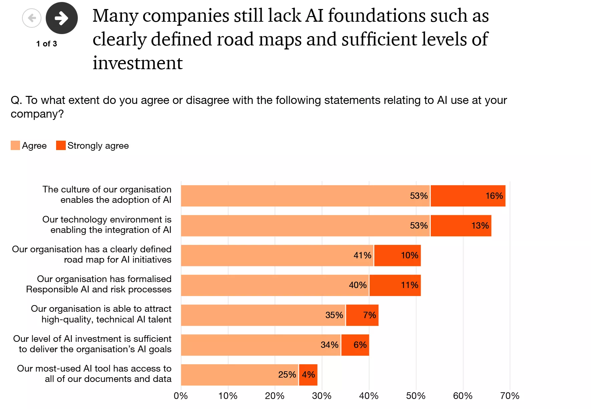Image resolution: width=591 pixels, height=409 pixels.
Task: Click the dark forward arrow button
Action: point(62,18)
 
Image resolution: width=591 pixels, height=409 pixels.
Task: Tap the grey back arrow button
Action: point(32,18)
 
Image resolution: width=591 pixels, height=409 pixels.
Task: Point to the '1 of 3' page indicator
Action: point(47,44)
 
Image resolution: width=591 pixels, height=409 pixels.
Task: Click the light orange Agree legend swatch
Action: point(15,145)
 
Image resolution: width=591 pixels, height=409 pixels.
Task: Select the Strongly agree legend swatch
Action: point(61,145)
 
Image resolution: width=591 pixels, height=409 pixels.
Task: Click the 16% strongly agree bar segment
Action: point(468,196)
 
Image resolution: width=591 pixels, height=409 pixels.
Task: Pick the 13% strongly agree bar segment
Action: point(461,226)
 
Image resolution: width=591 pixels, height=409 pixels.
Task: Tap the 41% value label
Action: point(362,256)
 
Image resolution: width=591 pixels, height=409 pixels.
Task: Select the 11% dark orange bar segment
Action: point(395,285)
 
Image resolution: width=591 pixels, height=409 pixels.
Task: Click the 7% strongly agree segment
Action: point(362,315)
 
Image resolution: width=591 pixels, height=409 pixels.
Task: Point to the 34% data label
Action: point(330,345)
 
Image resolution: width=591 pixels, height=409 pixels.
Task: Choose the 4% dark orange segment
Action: point(308,375)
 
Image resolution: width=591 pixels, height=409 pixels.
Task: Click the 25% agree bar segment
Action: point(239,375)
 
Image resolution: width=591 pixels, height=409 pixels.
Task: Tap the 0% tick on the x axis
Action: point(181,396)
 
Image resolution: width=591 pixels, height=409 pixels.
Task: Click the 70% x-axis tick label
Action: point(510,396)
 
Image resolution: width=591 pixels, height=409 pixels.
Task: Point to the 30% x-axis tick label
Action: point(322,396)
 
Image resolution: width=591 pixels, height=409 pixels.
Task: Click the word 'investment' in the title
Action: point(138,63)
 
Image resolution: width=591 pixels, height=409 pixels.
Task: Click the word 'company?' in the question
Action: point(37,114)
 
